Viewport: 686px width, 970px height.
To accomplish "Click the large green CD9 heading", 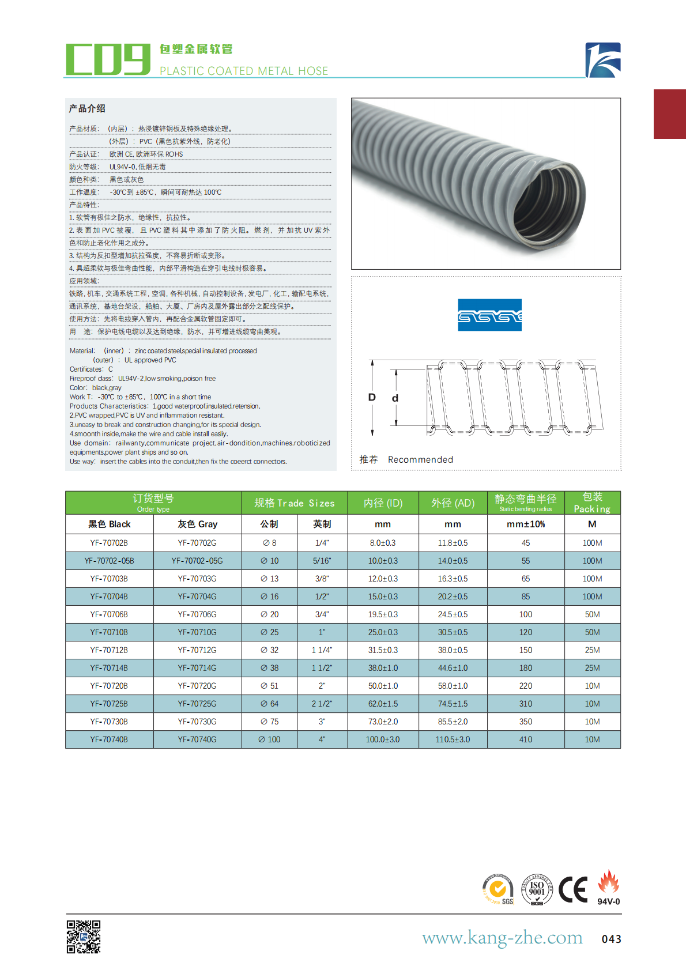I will click(x=108, y=59).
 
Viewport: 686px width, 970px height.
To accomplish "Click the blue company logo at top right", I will click(x=603, y=60).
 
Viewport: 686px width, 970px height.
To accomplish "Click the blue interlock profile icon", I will click(x=489, y=315).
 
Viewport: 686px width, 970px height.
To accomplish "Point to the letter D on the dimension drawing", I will click(x=372, y=397).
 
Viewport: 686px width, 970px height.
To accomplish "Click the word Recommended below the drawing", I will click(x=420, y=459).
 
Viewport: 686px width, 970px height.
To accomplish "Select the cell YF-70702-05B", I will click(x=109, y=561).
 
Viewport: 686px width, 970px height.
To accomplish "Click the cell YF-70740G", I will click(x=197, y=739).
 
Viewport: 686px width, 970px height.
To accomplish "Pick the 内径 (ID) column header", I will click(x=383, y=503).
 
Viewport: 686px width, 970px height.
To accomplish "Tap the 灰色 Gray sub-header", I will click(x=197, y=524).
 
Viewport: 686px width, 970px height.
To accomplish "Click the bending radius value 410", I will click(x=526, y=739).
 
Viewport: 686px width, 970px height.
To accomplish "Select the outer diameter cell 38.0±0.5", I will click(x=453, y=650).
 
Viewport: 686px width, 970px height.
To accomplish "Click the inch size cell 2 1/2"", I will click(x=322, y=704).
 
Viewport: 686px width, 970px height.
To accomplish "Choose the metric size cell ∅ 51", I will click(x=269, y=686).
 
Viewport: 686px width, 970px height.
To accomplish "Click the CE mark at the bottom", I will click(x=573, y=890).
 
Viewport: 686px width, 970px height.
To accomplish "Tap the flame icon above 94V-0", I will click(x=608, y=882).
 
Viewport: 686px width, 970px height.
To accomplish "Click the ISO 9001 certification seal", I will click(x=537, y=890).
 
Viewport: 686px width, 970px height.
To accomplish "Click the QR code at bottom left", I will click(x=84, y=937).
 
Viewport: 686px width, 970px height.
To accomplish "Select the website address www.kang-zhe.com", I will click(x=502, y=937).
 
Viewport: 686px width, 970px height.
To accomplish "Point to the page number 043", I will click(x=611, y=939).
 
